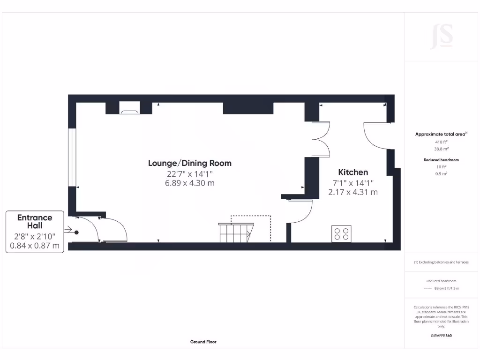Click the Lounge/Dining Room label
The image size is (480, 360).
pos(189,163)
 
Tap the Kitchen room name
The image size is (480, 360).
pos(353,172)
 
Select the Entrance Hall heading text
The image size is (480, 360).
pos(35,222)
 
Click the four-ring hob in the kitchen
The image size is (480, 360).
pos(341,233)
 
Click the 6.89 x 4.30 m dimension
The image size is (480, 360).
pos(189,183)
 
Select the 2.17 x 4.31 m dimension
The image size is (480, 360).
pos(353,192)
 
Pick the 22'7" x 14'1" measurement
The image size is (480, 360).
pos(189,173)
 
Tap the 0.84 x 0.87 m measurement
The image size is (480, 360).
pos(35,245)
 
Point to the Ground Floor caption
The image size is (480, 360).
pos(203,342)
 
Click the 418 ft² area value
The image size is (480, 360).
pos(441,142)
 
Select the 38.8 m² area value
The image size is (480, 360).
pos(441,149)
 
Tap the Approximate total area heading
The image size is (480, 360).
pos(441,134)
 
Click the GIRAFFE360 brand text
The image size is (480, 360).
pos(441,336)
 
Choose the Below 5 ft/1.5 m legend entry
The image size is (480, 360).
pos(447,288)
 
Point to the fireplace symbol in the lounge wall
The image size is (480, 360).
pos(129,111)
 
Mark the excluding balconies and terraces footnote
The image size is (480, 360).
pos(441,262)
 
